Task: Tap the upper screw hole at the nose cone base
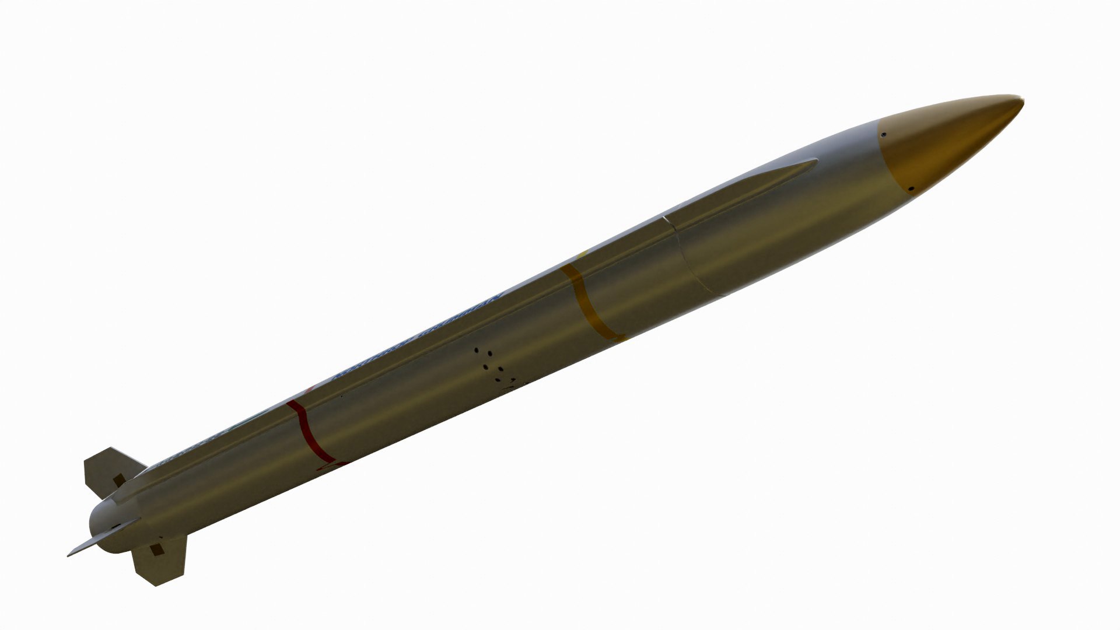point(884,134)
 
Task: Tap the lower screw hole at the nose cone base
point(911,188)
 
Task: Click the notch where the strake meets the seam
point(665,220)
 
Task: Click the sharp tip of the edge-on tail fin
point(68,555)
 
